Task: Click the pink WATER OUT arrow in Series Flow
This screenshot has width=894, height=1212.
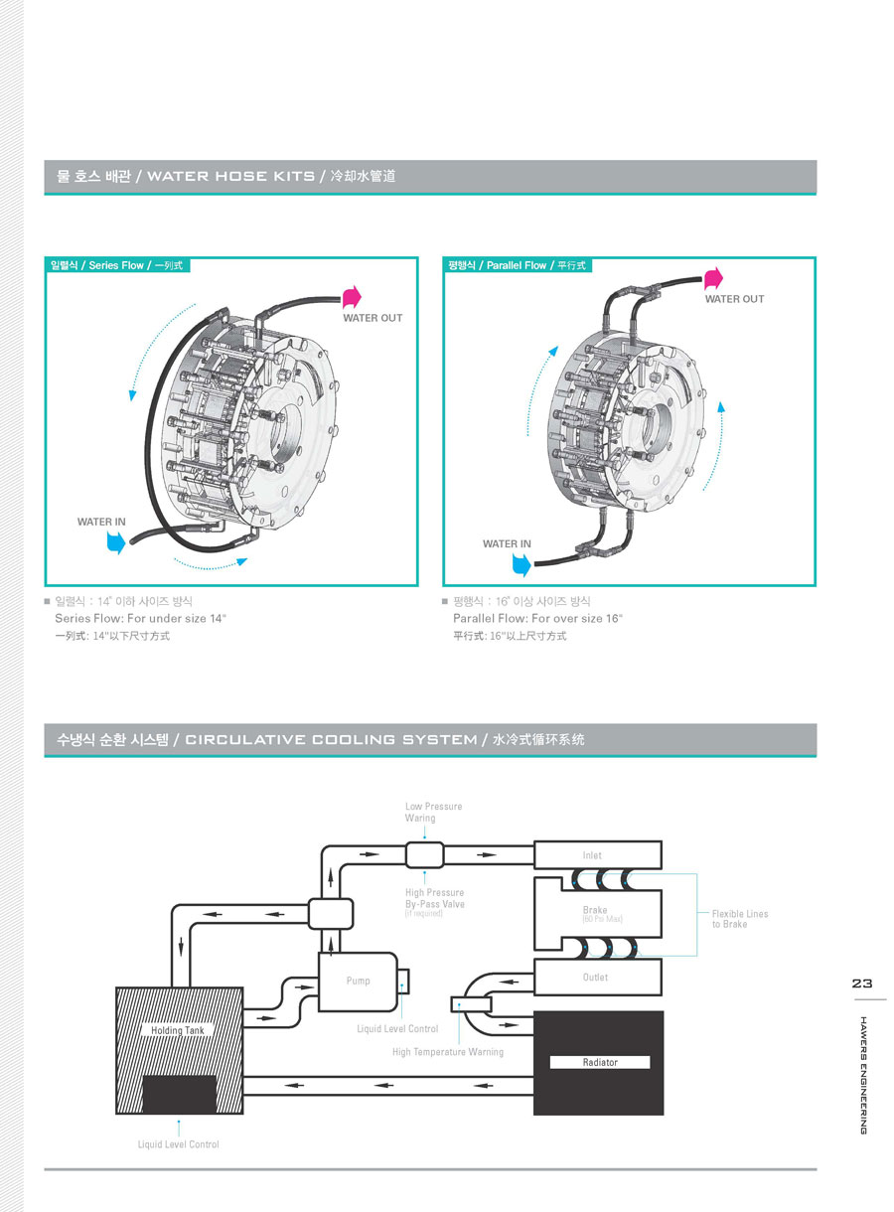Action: (352, 296)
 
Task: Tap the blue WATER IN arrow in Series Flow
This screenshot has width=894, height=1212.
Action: (117, 541)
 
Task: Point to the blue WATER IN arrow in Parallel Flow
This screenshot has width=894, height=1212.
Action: (521, 564)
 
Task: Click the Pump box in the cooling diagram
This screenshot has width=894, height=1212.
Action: (358, 981)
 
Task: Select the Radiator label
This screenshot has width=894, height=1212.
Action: (600, 1062)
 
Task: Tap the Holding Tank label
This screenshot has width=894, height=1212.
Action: (178, 1030)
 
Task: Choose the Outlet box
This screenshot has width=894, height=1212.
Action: (597, 978)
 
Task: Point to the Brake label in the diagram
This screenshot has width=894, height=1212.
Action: (595, 910)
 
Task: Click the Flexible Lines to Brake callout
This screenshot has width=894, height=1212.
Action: (739, 919)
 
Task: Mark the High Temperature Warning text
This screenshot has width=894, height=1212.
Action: (447, 1051)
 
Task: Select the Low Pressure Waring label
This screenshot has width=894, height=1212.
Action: (433, 812)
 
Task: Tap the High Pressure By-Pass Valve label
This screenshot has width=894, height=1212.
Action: (434, 899)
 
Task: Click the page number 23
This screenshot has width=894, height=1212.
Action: (860, 984)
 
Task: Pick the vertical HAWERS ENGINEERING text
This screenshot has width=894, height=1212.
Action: (862, 1074)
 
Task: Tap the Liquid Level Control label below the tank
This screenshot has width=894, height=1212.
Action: (178, 1144)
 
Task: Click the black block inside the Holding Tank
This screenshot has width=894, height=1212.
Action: (180, 1094)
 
